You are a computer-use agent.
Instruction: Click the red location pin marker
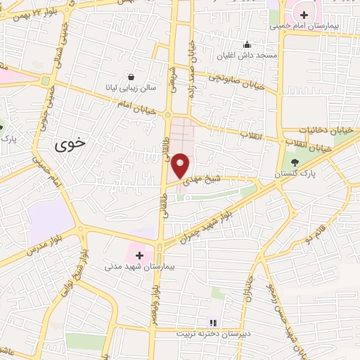point(181,165)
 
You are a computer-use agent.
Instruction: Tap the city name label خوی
point(70,141)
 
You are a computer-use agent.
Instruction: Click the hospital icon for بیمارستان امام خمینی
point(303,14)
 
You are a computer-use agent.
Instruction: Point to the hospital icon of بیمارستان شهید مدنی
point(139,255)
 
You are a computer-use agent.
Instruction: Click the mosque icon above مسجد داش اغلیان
point(247,44)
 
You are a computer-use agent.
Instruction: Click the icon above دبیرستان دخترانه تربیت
point(214,323)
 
